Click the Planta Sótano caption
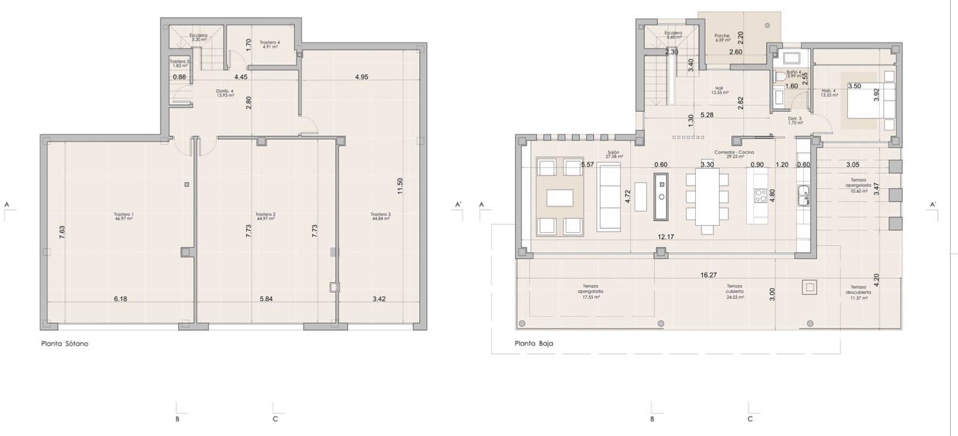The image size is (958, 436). (65, 344)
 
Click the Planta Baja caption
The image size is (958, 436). (533, 344)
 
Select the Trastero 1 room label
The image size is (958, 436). (124, 216)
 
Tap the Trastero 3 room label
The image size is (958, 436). (380, 216)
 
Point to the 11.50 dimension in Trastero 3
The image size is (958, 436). (400, 186)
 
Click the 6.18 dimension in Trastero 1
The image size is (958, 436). (120, 299)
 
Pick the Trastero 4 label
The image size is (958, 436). (269, 44)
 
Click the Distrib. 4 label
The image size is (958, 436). (225, 93)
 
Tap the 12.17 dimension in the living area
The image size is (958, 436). (666, 237)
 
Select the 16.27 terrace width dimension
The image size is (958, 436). (708, 275)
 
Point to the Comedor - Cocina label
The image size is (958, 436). (734, 154)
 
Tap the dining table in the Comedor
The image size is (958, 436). (707, 196)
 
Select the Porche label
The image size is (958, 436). (722, 37)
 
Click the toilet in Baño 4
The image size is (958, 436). (780, 77)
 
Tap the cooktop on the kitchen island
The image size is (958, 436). (760, 195)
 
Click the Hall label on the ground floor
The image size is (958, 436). (719, 90)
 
